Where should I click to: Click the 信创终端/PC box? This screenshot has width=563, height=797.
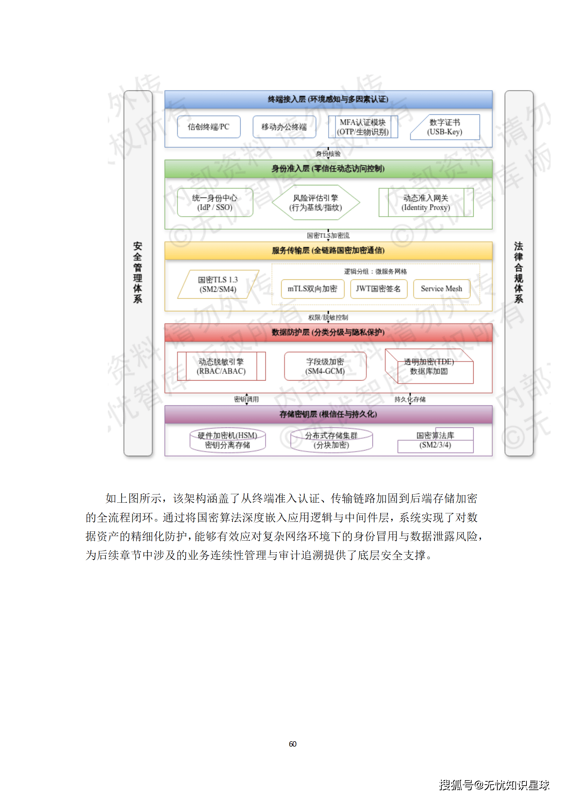[x=209, y=127]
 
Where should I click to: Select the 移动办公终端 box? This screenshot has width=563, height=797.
[x=284, y=127]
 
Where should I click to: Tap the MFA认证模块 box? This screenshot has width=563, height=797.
[x=363, y=127]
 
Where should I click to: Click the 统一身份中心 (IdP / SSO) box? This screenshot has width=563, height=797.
[x=215, y=202]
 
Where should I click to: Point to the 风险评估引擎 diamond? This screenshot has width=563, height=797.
[x=316, y=202]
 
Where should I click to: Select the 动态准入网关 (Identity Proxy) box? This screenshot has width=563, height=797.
[x=426, y=202]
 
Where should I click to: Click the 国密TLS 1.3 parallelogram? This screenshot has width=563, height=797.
[x=218, y=284]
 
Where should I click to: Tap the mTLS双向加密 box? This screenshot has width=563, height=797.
[x=312, y=289]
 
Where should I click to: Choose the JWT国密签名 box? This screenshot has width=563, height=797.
[x=378, y=289]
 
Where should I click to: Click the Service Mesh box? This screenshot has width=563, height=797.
[x=441, y=289]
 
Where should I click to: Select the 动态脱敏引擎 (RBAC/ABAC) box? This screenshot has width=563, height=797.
[x=221, y=366]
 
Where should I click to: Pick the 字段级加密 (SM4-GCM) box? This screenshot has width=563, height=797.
[x=325, y=366]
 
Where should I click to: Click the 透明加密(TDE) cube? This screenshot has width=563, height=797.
[x=429, y=366]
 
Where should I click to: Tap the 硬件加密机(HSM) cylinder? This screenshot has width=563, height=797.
[x=227, y=440]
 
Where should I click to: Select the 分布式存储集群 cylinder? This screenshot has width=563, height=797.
[x=331, y=440]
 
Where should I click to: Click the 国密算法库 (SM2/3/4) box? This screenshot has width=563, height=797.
[x=435, y=440]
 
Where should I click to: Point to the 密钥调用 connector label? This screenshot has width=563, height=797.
[x=246, y=399]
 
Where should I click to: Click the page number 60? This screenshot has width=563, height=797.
[x=292, y=744]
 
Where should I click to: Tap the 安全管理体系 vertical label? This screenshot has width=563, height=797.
[x=138, y=273]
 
